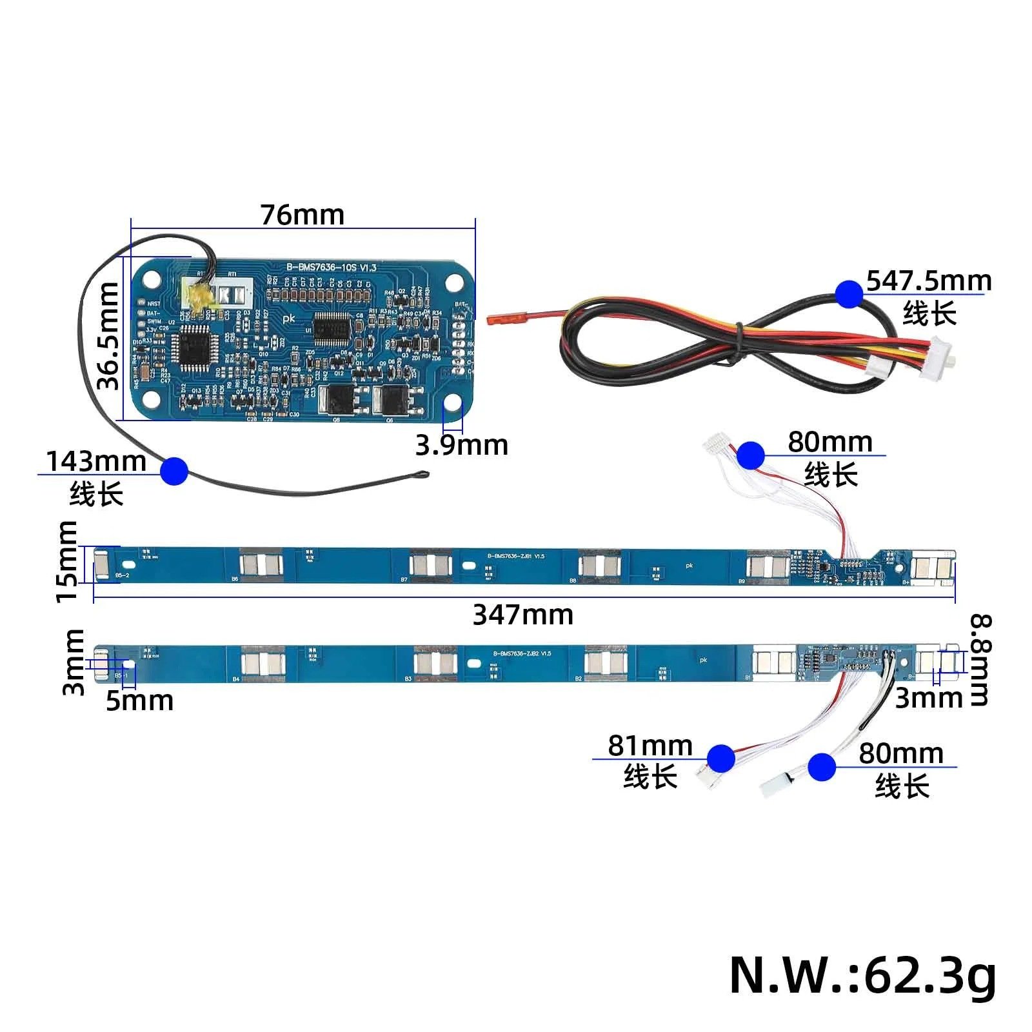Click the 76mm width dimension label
point(302,215)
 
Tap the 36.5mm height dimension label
point(108,335)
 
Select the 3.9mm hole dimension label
point(461,445)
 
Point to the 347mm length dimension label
point(523,615)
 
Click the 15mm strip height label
point(67,561)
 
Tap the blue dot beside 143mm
point(174,470)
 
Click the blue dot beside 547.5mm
point(849,294)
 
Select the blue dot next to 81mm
point(720,758)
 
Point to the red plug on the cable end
point(497,318)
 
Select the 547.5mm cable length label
point(929,281)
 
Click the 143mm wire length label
point(96,461)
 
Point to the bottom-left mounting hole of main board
point(152,401)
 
